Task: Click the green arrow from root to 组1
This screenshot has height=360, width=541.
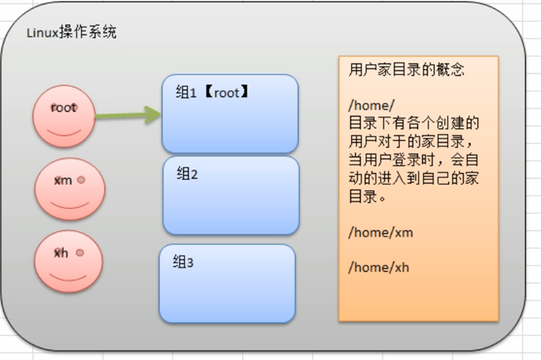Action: pyautogui.click(x=127, y=113)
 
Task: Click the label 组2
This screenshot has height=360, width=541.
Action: pyautogui.click(x=187, y=174)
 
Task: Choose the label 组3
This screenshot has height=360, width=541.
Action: pyautogui.click(x=184, y=262)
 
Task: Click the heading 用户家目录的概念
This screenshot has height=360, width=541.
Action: pyautogui.click(x=406, y=70)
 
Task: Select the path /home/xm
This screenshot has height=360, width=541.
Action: pyautogui.click(x=380, y=233)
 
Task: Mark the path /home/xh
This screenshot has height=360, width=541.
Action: pyautogui.click(x=379, y=267)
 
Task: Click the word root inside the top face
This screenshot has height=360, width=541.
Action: pyautogui.click(x=64, y=108)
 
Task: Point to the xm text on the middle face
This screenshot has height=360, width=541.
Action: pyautogui.click(x=63, y=180)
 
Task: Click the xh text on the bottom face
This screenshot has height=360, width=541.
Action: pyautogui.click(x=61, y=253)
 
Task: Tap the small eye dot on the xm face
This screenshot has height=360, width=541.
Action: pyautogui.click(x=81, y=179)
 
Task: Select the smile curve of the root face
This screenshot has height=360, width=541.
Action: pyautogui.click(x=64, y=131)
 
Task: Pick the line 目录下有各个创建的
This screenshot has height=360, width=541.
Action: pyautogui.click(x=414, y=122)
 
